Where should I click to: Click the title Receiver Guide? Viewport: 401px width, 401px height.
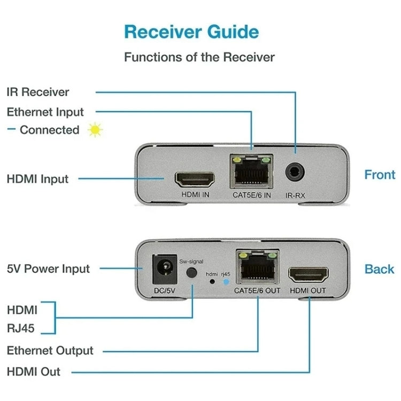(x=191, y=32)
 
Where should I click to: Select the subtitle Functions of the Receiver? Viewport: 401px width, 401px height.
(x=199, y=57)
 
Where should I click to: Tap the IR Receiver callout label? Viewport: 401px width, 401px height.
(x=38, y=92)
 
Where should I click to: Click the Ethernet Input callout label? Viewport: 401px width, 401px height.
(x=45, y=112)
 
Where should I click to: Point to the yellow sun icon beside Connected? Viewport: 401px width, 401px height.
(x=95, y=130)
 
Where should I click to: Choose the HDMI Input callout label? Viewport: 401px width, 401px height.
(x=37, y=179)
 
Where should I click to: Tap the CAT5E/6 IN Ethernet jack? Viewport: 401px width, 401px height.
(x=251, y=172)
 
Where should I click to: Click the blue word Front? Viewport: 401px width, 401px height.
(x=380, y=175)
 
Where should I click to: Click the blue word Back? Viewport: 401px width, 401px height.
(x=379, y=269)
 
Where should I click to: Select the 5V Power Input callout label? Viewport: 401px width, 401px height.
(x=48, y=268)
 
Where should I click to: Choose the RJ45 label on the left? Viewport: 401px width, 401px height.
(x=21, y=328)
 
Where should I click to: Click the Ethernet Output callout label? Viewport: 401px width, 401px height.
(x=50, y=351)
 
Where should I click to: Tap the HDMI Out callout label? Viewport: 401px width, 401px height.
(x=34, y=372)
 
